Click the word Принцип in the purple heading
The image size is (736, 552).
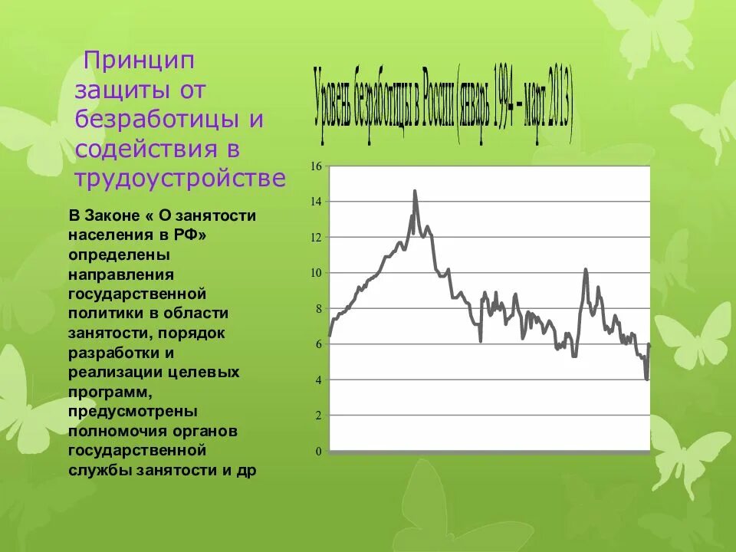[x=140, y=60]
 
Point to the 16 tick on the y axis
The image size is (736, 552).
[x=316, y=166]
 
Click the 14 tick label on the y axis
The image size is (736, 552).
[x=316, y=202]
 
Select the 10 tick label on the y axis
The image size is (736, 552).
[x=316, y=273]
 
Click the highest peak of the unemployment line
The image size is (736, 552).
[x=415, y=191]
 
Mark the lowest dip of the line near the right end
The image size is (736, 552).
[x=647, y=379]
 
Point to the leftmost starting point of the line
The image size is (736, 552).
[x=330, y=336]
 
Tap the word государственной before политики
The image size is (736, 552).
[x=137, y=294]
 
